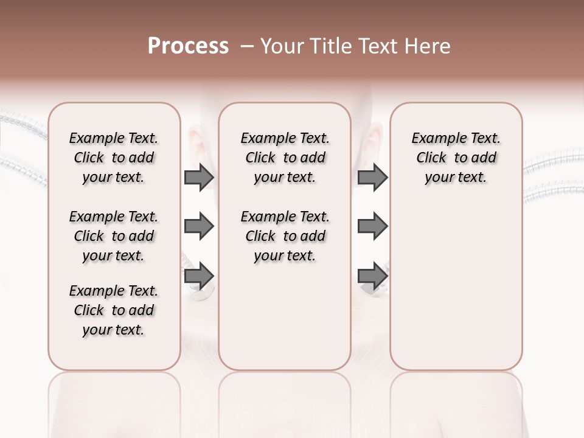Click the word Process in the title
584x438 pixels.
coord(188,46)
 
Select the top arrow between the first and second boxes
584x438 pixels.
coord(199,177)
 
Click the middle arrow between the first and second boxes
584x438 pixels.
coord(199,227)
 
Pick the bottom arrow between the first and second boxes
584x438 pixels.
coord(199,276)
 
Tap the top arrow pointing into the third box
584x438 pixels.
coord(372,177)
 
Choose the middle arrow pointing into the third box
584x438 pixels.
coord(372,227)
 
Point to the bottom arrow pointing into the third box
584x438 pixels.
coord(372,276)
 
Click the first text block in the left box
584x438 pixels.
coord(114,158)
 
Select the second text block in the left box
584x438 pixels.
coord(114,236)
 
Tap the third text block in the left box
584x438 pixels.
coord(114,310)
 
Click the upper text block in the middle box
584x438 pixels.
coord(285,158)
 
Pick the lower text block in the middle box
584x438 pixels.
coord(285,236)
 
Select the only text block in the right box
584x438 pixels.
coord(456,158)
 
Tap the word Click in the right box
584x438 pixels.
coord(431,158)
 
